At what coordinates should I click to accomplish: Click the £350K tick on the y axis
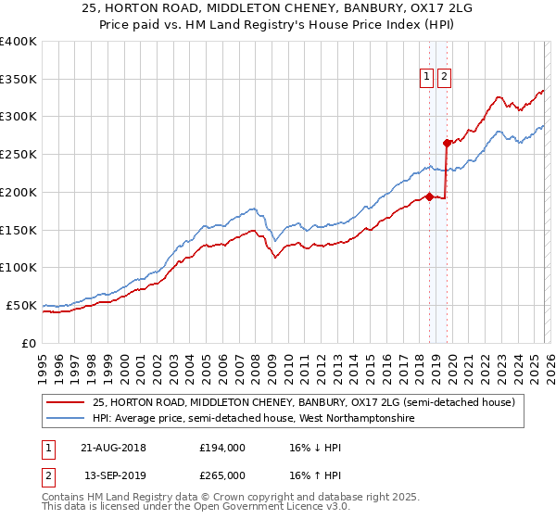pyautogui.click(x=19, y=80)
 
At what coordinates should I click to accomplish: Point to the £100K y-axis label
pyautogui.click(x=19, y=268)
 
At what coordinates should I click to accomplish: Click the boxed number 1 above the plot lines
pyautogui.click(x=427, y=78)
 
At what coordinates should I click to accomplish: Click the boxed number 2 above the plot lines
pyautogui.click(x=445, y=78)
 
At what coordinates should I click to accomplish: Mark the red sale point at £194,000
pyautogui.click(x=429, y=196)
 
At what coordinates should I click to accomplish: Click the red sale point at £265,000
pyautogui.click(x=447, y=143)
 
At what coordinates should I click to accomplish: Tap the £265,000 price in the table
pyautogui.click(x=222, y=475)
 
